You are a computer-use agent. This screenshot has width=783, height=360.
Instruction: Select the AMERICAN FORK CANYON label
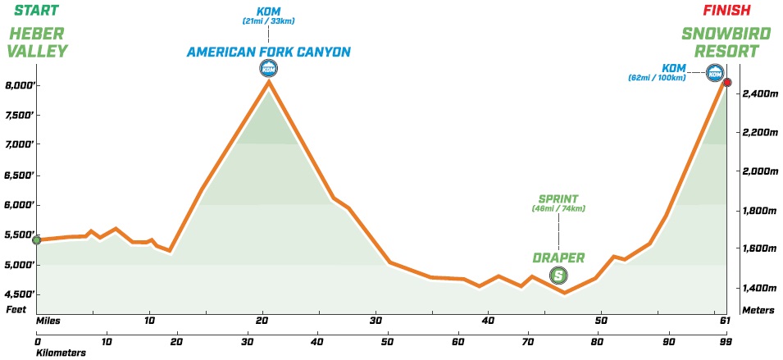click(269, 52)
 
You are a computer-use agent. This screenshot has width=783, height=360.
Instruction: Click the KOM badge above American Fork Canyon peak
click(268, 69)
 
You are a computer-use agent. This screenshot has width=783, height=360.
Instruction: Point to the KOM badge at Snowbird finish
click(714, 74)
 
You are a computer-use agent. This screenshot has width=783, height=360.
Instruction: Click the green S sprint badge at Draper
click(558, 275)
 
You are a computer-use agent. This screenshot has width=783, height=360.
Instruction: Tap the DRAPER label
click(558, 257)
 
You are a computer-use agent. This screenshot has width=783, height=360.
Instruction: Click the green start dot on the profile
click(36, 240)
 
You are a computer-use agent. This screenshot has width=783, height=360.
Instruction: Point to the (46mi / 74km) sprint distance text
click(558, 209)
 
